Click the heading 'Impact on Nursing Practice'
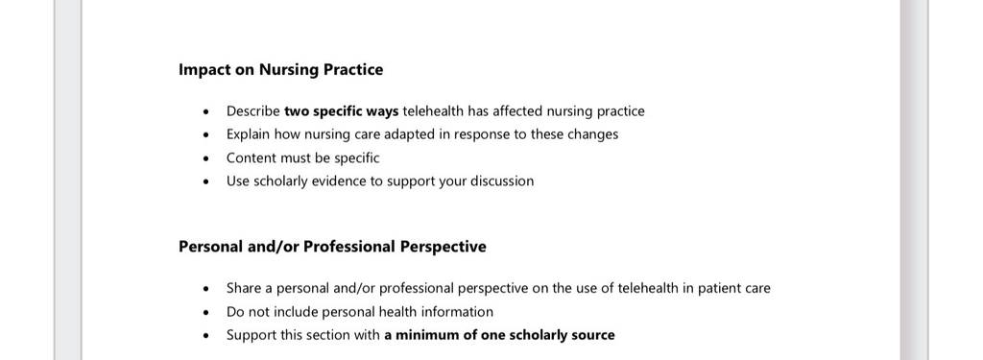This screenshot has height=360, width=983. coord(281,70)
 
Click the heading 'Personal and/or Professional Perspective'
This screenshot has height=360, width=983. coord(332,247)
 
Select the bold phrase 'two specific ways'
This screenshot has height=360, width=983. coord(341,111)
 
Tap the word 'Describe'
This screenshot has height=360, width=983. coord(253,111)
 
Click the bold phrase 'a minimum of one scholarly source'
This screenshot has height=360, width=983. coord(499,335)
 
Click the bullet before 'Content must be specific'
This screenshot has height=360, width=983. coord(206,159)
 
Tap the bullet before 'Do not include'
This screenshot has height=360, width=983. coord(206,313)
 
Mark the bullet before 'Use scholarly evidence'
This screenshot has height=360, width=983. coord(206,182)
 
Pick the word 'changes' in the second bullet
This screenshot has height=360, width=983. coord(592,134)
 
